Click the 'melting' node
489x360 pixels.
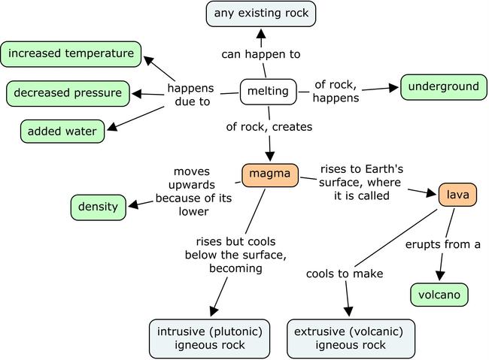point(268,92)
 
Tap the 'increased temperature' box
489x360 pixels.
point(71,53)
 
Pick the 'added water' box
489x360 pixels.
point(62,132)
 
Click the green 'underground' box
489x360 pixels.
point(443,86)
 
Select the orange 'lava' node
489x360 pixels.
point(457,195)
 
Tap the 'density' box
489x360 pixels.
point(99,207)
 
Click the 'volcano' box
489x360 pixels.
point(439,295)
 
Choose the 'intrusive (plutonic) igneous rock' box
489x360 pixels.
point(209,338)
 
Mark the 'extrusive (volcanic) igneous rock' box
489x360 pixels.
point(351,338)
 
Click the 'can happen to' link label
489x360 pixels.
point(261,54)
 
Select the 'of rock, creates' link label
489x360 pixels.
point(269,127)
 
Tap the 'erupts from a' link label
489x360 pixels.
point(442,244)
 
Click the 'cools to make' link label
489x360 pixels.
point(345,274)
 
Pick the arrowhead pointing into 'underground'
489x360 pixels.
point(394,88)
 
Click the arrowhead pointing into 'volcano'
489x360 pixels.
point(441,277)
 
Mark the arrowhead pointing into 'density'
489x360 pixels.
point(133,204)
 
